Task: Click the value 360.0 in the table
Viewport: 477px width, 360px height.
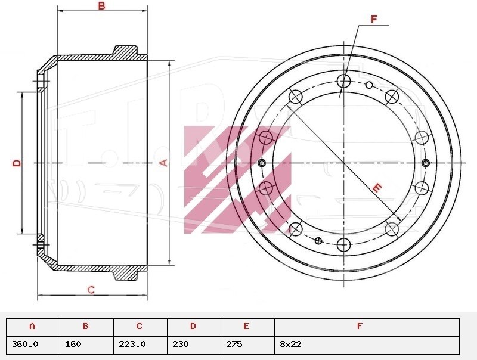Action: pyautogui.click(x=25, y=344)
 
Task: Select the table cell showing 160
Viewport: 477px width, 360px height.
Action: pyautogui.click(x=73, y=344)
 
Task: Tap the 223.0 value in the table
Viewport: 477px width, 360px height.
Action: pyautogui.click(x=132, y=344)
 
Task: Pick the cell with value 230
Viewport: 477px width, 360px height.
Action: pyautogui.click(x=181, y=344)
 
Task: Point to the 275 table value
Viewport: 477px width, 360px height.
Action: pyautogui.click(x=234, y=344)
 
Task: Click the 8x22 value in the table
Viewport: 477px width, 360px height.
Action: pyautogui.click(x=290, y=344)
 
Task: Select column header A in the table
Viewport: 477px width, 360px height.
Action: pyautogui.click(x=33, y=327)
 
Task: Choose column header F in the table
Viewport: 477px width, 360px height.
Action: pyautogui.click(x=360, y=327)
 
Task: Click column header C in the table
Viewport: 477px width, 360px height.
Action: pyautogui.click(x=140, y=327)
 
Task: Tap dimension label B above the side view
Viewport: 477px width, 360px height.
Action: pyautogui.click(x=101, y=5)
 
